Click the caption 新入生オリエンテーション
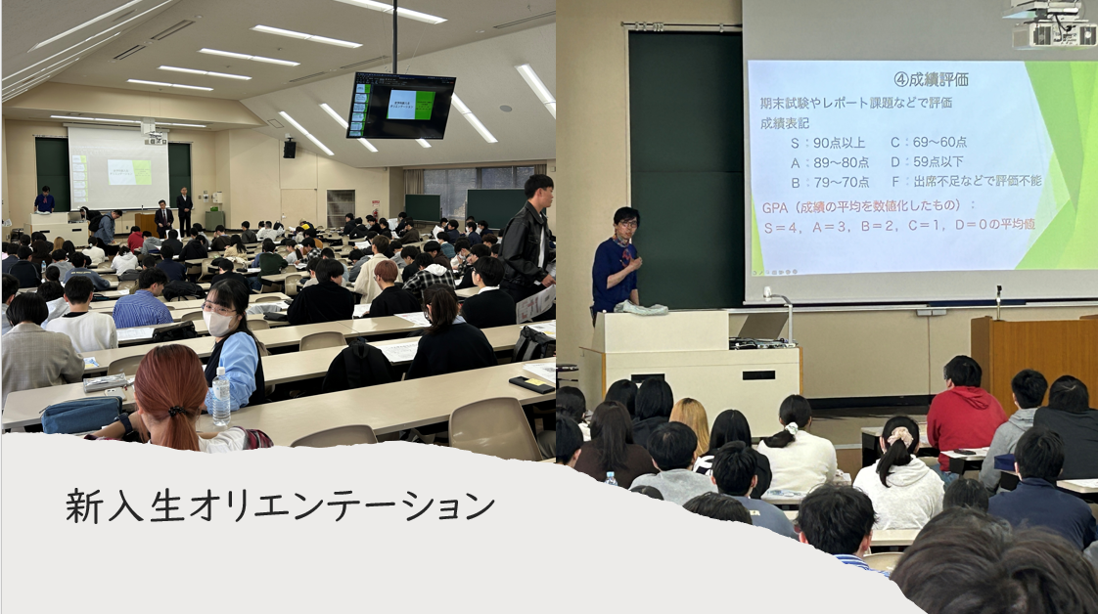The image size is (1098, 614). (x=280, y=505)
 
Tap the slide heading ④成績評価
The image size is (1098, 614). (x=931, y=79)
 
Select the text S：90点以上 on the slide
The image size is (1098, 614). (x=828, y=142)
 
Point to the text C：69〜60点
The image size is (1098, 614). (x=929, y=142)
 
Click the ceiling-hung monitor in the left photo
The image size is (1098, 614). (x=400, y=105)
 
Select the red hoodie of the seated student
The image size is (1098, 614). (x=965, y=417)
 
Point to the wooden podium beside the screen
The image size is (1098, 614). (x=1033, y=358)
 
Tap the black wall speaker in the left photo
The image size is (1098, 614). (x=289, y=149)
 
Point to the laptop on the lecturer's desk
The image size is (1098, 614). (x=761, y=327)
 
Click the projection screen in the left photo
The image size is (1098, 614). (x=117, y=168)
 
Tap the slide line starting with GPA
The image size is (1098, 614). (x=868, y=206)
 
